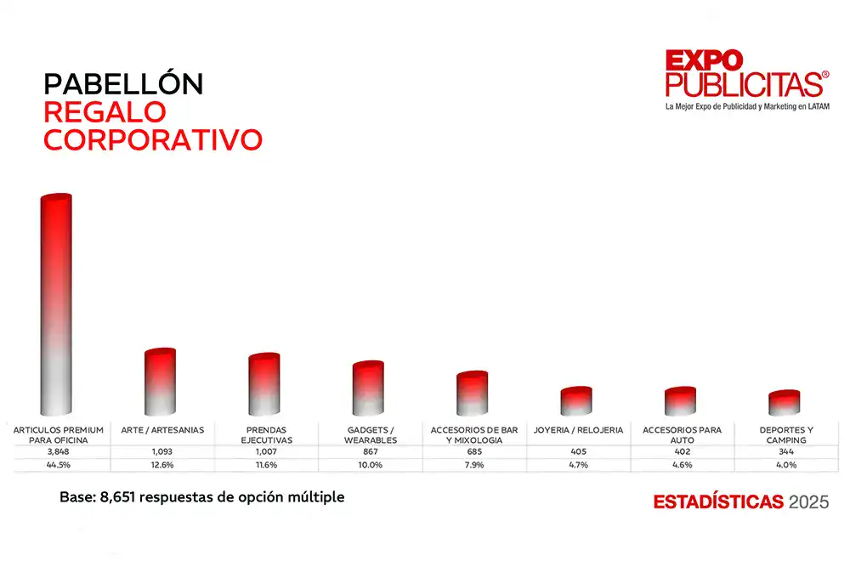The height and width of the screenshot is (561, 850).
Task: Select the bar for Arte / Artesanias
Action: point(161,382)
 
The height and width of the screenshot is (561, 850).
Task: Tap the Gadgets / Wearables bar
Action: point(369,388)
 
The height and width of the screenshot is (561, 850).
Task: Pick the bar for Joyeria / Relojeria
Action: point(576,401)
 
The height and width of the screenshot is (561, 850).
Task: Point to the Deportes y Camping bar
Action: point(784,403)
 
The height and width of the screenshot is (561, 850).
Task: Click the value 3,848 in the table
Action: point(58,452)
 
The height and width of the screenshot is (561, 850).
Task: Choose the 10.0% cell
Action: point(370,465)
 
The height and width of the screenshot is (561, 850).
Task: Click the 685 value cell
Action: point(473,452)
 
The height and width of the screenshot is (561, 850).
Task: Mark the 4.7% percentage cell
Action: point(577,465)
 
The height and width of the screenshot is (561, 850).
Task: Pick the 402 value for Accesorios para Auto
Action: point(681,452)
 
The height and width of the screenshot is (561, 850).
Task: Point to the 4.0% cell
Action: point(785,465)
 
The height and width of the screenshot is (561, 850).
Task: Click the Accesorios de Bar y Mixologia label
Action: point(473,435)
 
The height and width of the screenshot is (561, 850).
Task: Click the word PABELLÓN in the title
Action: point(123,84)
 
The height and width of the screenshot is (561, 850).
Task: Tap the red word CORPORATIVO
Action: point(152,140)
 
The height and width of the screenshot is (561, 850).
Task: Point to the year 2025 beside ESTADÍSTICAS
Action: point(808,501)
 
